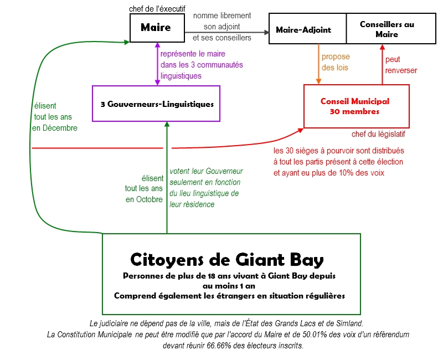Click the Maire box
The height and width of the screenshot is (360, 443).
click(x=156, y=28)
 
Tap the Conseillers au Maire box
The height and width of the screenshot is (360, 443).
click(x=387, y=29)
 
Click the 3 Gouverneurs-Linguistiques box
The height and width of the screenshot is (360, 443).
click(x=156, y=104)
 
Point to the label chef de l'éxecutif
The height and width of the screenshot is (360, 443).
click(x=157, y=8)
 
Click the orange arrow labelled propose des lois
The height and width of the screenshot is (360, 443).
click(x=320, y=64)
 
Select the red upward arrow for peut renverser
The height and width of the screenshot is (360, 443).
click(x=382, y=64)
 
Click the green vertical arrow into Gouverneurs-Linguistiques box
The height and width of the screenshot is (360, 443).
click(x=167, y=177)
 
